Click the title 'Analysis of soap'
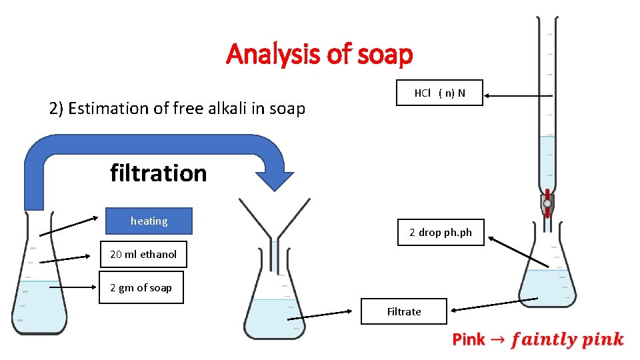tap(319, 54)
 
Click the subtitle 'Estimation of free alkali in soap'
tap(177, 108)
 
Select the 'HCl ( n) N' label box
tap(439, 93)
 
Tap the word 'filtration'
tap(158, 173)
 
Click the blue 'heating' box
tap(149, 221)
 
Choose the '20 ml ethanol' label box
tap(143, 254)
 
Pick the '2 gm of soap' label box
tap(141, 287)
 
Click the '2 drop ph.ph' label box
tap(440, 232)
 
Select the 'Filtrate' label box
tap(403, 311)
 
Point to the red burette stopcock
tap(547, 204)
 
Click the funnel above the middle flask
tap(275, 220)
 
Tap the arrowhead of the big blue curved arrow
tap(275, 181)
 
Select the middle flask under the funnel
tap(274, 307)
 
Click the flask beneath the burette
tap(547, 273)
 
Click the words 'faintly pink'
tap(567, 340)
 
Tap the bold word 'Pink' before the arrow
tap(469, 340)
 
